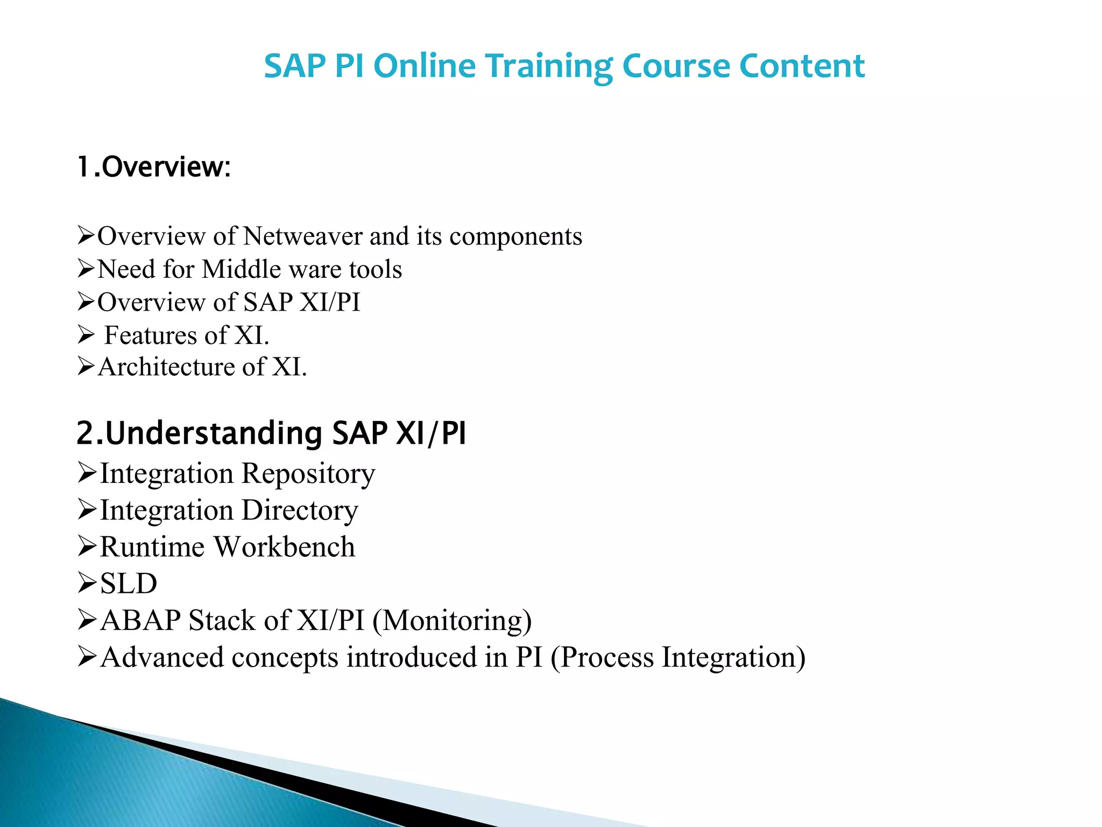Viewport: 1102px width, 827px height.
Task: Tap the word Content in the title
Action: click(802, 66)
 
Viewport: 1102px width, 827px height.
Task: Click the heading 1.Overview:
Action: click(154, 167)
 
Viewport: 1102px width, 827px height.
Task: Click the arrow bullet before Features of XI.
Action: click(86, 335)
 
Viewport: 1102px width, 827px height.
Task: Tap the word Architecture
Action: click(166, 367)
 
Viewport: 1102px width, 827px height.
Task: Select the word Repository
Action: click(308, 474)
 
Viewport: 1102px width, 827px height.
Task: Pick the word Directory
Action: click(299, 510)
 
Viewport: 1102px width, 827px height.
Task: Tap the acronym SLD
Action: click(129, 584)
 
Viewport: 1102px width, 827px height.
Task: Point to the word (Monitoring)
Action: click(452, 620)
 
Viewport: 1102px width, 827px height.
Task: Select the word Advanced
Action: click(162, 657)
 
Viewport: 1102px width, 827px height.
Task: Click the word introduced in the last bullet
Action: click(411, 657)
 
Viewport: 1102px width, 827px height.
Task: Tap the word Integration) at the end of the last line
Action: click(733, 657)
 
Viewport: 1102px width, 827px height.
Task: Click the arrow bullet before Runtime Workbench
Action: click(87, 546)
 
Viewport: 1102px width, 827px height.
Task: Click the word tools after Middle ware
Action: click(375, 269)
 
